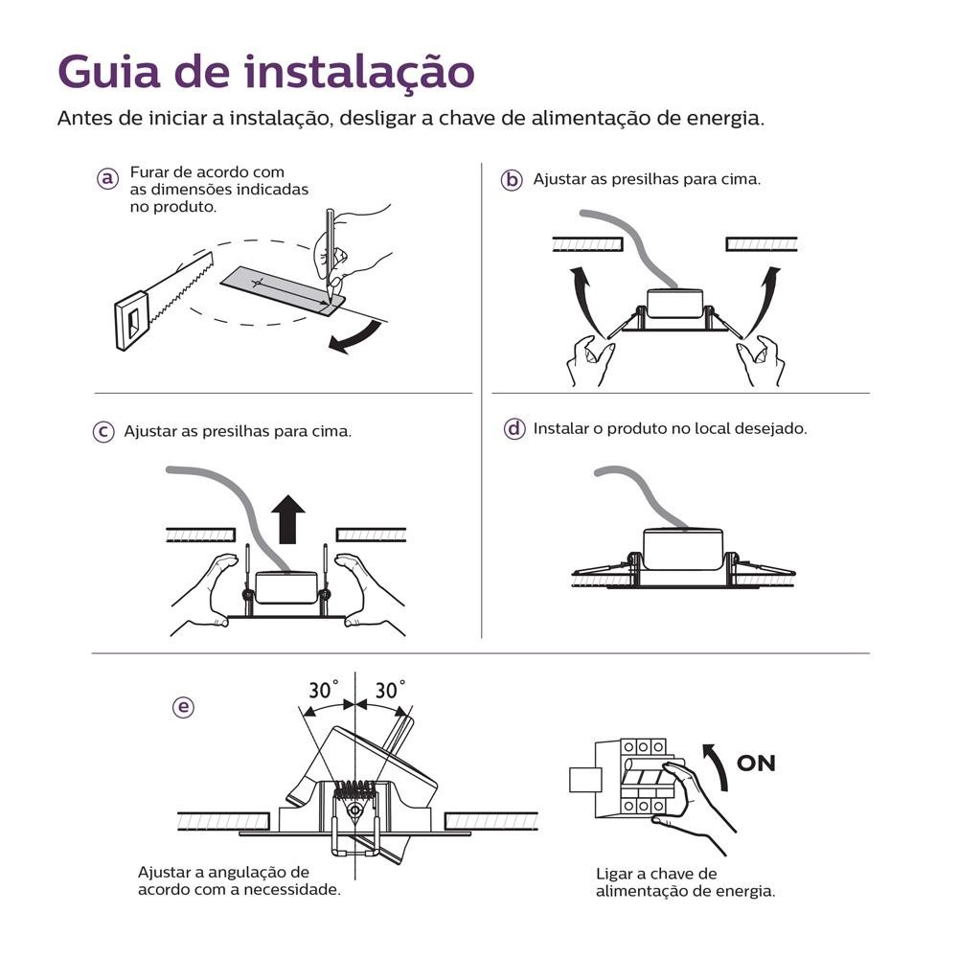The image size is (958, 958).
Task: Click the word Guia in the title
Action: click(x=109, y=72)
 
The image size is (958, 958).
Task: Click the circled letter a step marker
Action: click(x=107, y=178)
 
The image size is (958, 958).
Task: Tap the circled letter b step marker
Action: click(x=512, y=180)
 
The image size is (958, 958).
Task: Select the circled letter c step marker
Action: click(x=103, y=432)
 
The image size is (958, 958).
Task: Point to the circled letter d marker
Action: click(x=514, y=429)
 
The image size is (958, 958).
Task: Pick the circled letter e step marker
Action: click(x=183, y=708)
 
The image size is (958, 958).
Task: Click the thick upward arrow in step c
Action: click(x=287, y=519)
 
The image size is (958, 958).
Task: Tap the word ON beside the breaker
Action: click(x=756, y=764)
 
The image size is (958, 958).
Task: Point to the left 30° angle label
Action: click(x=324, y=691)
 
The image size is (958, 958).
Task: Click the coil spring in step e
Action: click(x=354, y=789)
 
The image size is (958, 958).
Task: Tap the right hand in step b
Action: click(x=760, y=360)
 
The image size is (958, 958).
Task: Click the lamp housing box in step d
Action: click(x=682, y=549)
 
